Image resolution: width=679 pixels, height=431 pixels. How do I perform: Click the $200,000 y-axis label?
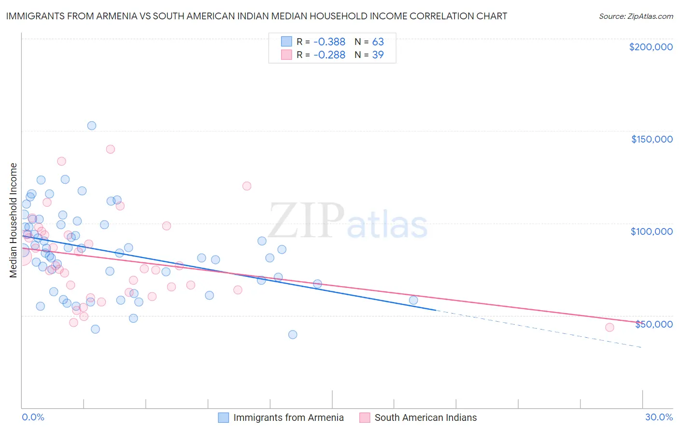[x=651, y=47]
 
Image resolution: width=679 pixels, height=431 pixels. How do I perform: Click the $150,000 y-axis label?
[x=651, y=139]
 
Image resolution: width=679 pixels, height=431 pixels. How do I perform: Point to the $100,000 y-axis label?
[x=651, y=231]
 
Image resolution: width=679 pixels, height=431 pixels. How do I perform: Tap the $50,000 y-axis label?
[x=653, y=324]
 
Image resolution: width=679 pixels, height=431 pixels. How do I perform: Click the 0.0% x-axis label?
[x=33, y=417]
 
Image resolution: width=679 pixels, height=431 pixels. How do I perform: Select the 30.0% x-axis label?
[x=659, y=417]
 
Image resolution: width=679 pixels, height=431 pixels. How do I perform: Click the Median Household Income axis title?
[x=13, y=220]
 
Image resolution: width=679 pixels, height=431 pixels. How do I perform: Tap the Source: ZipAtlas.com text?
[x=636, y=16]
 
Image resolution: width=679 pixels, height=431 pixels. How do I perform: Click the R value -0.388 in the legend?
[x=329, y=42]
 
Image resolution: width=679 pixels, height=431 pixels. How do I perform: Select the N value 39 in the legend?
[x=378, y=55]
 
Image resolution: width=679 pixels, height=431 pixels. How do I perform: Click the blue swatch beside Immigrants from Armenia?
[x=223, y=417]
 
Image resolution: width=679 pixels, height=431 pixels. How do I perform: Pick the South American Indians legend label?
[x=425, y=417]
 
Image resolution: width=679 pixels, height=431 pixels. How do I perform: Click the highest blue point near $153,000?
[x=91, y=126]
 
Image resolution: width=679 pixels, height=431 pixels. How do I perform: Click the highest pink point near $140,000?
[x=110, y=149]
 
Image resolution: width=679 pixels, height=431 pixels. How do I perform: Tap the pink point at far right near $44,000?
[x=609, y=328]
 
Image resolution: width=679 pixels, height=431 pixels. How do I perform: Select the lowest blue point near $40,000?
[x=292, y=334]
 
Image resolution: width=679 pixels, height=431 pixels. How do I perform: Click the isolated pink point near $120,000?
[x=247, y=186]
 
